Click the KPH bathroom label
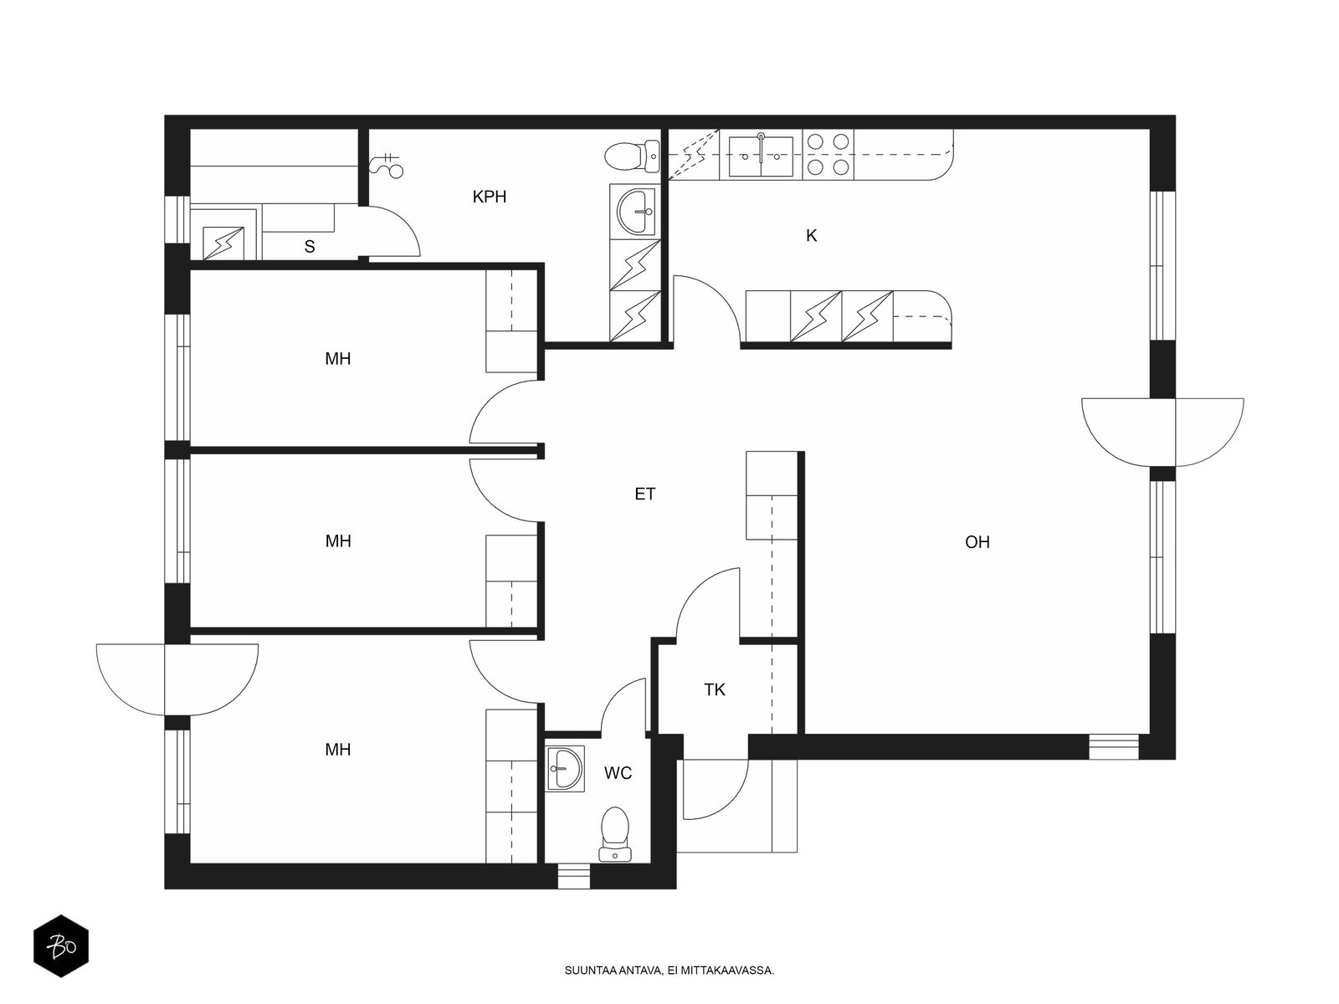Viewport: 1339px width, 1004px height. click(490, 197)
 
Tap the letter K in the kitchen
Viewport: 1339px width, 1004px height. click(811, 236)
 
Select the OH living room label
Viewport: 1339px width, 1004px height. click(977, 542)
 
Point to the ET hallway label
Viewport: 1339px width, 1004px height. click(644, 494)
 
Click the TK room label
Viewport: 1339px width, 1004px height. click(715, 689)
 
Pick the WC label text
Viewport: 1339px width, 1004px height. click(618, 773)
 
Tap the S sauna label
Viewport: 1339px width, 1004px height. click(310, 247)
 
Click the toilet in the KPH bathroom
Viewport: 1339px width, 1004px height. click(632, 156)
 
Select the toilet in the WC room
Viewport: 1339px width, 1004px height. click(615, 834)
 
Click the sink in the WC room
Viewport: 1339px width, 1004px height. click(566, 768)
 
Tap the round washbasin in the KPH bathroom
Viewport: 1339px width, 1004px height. click(635, 210)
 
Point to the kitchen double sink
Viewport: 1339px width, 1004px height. click(762, 156)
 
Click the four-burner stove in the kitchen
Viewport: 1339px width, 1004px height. click(829, 155)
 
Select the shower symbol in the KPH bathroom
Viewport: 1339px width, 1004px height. click(387, 166)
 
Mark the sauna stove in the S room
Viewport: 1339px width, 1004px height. click(223, 243)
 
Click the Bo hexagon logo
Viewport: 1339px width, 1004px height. click(61, 945)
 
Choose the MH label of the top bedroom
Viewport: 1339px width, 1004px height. click(338, 359)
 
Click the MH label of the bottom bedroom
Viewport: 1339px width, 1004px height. click(338, 750)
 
